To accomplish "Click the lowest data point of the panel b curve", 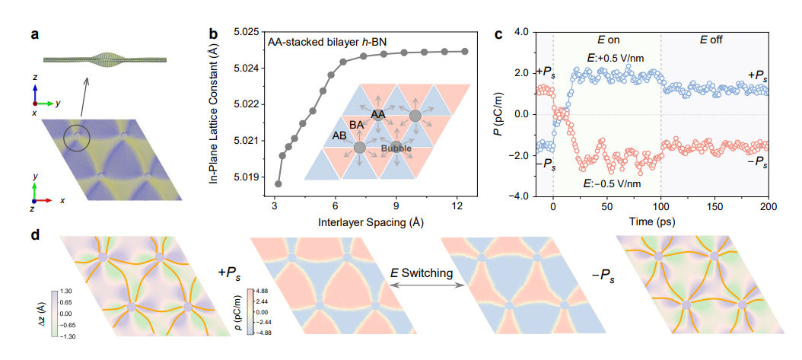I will click(278, 183).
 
